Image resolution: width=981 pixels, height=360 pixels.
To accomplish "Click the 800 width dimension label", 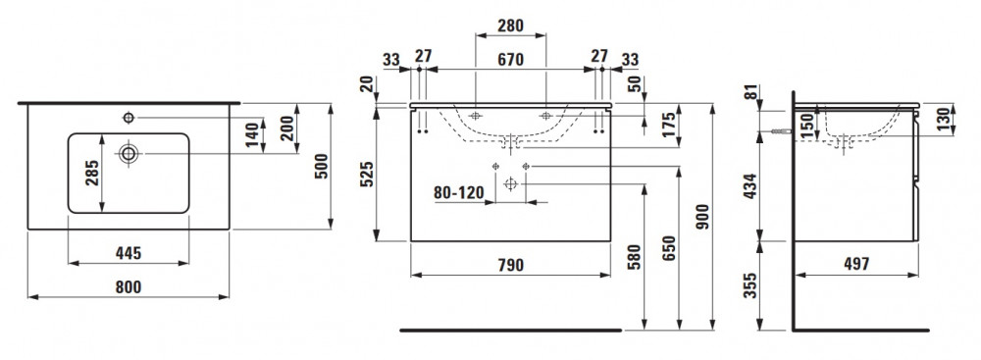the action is click(129, 286).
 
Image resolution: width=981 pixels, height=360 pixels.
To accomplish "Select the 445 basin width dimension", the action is click(129, 253).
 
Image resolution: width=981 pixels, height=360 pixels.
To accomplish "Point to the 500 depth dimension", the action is click(321, 167).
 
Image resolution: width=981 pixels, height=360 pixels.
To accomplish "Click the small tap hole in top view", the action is click(129, 117).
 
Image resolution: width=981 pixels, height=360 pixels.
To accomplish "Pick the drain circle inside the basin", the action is click(129, 153).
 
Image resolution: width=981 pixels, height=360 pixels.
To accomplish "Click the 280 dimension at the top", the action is click(510, 26).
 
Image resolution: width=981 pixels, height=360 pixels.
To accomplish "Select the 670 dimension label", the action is click(510, 60).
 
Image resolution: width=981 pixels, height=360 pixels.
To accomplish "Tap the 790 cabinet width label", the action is click(510, 265).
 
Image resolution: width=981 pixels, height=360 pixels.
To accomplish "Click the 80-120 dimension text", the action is click(459, 192).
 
